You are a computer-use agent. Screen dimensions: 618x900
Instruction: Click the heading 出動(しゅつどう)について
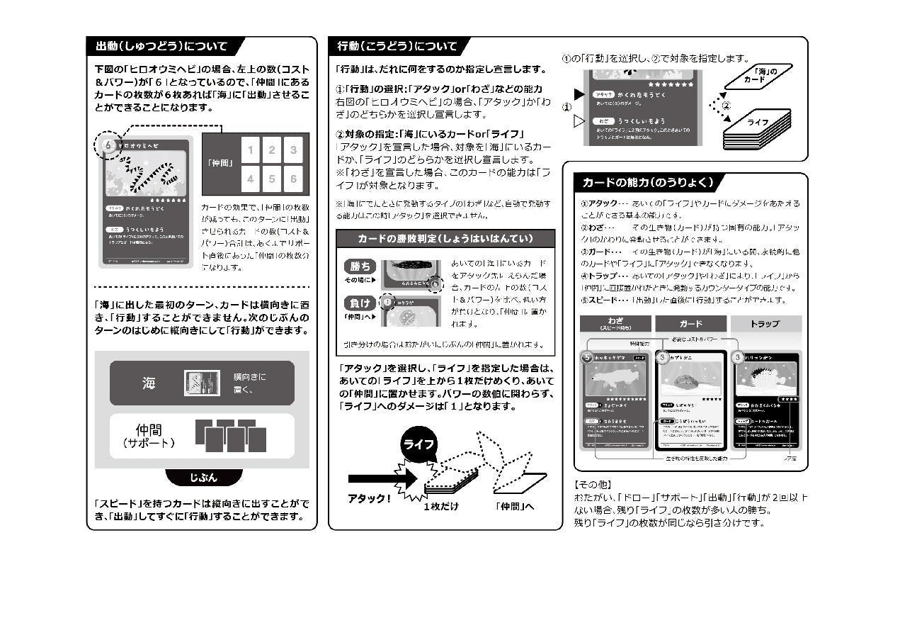coord(161,47)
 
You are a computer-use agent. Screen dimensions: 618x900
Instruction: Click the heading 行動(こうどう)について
coord(397,47)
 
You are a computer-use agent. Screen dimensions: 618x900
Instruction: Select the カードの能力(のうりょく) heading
coord(646,182)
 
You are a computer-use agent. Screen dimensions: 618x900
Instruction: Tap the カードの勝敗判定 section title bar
coord(445,238)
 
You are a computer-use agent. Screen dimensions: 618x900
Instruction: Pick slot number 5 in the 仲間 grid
coord(272,179)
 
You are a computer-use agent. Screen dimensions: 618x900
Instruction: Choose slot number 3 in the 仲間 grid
coord(292,150)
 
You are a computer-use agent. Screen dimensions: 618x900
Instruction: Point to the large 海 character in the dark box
coord(148,383)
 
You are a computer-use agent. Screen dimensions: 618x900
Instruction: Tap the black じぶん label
coord(203,478)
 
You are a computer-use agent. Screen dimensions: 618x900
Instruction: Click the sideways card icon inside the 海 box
coord(202,383)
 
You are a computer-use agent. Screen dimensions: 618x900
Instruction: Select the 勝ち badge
coord(360,266)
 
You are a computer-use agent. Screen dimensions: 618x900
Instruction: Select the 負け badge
coord(360,303)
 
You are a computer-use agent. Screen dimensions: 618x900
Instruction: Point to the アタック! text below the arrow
coord(369,498)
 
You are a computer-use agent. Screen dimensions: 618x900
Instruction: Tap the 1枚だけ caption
coord(441,506)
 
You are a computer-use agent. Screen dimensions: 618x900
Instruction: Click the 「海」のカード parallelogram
coord(758,75)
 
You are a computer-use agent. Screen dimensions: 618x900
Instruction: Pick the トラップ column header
coord(764,324)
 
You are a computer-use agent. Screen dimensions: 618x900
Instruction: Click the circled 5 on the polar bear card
coord(586,357)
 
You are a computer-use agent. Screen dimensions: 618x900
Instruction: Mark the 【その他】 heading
coord(592,485)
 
